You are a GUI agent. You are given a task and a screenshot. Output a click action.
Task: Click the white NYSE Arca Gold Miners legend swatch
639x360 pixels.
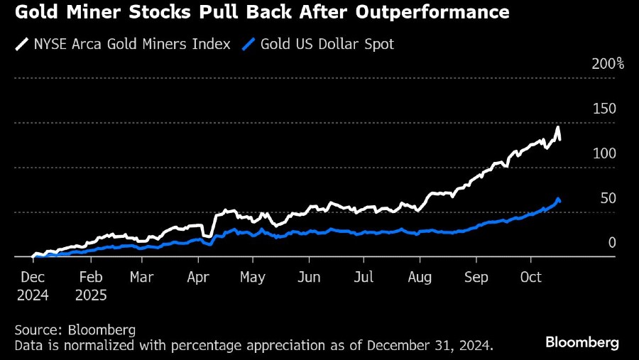tap(21, 44)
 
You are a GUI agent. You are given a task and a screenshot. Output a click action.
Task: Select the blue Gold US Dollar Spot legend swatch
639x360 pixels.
tap(248, 44)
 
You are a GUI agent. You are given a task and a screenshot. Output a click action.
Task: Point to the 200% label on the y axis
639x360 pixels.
tap(607, 64)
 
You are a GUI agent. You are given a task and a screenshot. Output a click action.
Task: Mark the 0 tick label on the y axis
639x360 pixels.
tap(611, 243)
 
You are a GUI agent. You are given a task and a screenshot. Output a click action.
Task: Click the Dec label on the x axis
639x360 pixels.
tap(33, 277)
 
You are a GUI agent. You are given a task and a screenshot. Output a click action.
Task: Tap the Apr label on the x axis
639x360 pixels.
tap(198, 277)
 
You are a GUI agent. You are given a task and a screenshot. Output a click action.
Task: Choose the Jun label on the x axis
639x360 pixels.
tap(309, 277)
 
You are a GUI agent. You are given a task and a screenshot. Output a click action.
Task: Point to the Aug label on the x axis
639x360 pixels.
tap(420, 277)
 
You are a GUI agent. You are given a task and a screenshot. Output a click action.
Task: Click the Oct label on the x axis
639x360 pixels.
tap(531, 277)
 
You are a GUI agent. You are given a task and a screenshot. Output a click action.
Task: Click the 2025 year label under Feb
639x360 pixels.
tap(92, 295)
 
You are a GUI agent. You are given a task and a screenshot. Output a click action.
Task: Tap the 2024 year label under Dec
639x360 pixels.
tap(33, 295)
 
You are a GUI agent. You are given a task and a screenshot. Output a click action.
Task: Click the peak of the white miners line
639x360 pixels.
tap(558, 128)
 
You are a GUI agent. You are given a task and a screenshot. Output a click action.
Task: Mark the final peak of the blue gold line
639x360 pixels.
tap(558, 199)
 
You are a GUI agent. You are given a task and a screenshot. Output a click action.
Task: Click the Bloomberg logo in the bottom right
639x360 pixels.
tap(582, 342)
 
